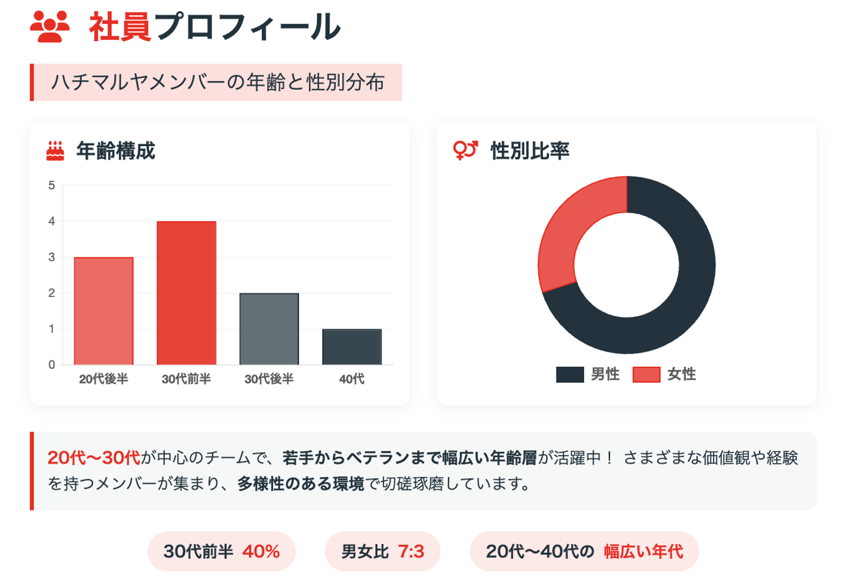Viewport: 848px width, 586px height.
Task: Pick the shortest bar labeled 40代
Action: coord(352,347)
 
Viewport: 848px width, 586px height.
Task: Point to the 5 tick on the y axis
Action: coord(52,186)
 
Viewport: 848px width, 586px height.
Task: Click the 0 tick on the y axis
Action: coord(52,365)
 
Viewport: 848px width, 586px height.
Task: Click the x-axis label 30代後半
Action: coord(269,379)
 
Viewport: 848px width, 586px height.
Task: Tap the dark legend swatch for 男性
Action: coord(569,375)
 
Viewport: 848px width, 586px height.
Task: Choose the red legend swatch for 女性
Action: coord(646,375)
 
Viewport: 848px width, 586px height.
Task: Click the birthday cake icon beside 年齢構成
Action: coord(55,151)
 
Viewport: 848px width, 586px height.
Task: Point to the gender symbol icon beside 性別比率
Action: coord(465,150)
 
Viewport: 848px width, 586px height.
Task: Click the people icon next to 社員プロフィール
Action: coord(50,27)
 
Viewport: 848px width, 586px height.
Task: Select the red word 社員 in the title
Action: coord(120,27)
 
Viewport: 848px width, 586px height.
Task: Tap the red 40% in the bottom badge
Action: coord(261,551)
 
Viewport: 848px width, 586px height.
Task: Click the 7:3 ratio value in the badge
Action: coord(411,551)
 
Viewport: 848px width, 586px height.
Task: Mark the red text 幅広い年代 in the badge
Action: coord(643,551)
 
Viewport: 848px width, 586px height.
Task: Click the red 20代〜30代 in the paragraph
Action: coord(94,458)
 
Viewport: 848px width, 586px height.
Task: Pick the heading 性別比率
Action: coord(530,151)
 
